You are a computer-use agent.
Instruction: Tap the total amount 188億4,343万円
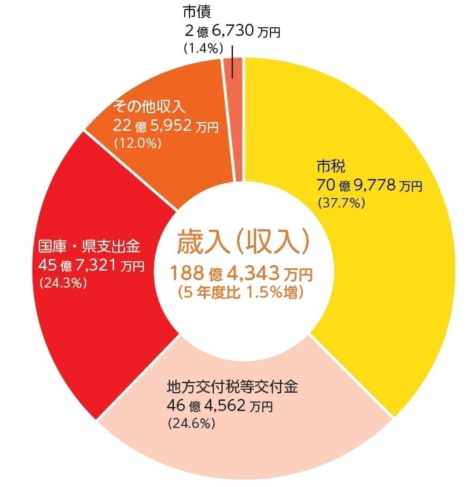tap(242, 274)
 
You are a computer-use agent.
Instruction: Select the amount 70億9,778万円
tap(369, 185)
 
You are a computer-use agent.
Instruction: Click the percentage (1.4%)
tap(200, 49)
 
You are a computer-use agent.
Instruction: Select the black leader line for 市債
tap(233, 61)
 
